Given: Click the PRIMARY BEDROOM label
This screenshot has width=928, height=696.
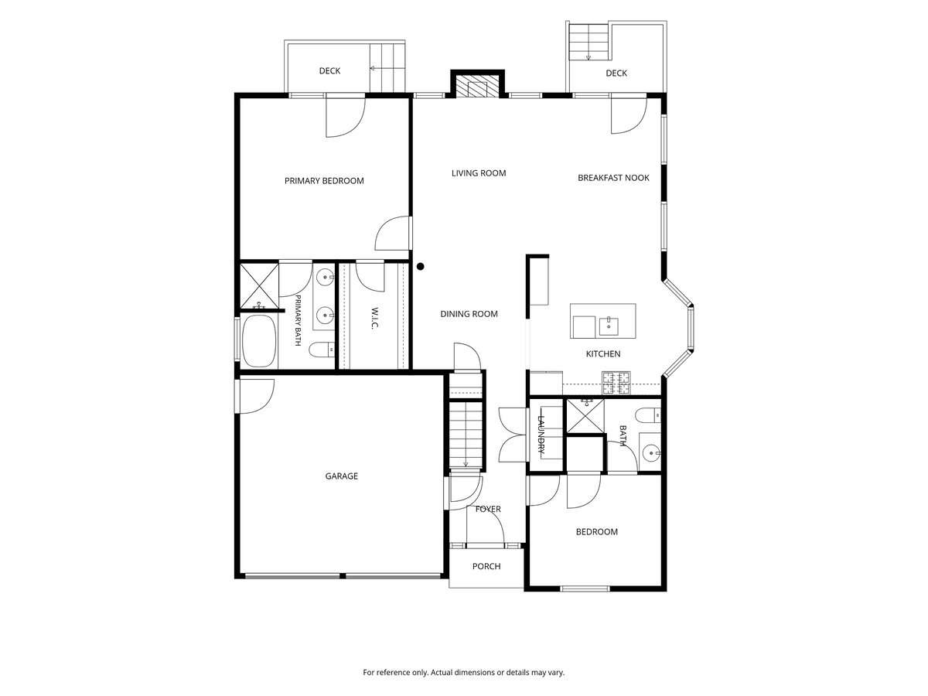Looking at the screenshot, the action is (324, 181).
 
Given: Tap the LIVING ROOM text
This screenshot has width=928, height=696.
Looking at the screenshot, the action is (478, 172).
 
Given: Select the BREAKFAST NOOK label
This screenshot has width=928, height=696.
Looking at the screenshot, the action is (613, 178).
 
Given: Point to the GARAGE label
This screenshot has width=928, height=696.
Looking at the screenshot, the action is (341, 476).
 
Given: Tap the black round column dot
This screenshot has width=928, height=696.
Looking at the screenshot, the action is (420, 266).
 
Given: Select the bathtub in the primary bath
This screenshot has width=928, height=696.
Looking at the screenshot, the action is (259, 340).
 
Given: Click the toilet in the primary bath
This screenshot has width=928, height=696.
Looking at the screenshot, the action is (322, 350).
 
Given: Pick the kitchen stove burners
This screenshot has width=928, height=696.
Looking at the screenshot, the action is (616, 383).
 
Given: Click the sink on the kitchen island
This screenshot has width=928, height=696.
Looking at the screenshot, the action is (609, 326).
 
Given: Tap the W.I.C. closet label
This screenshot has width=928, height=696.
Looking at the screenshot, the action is (374, 317).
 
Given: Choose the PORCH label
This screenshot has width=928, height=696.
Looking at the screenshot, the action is (486, 566).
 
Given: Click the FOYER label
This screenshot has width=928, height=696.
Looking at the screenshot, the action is (488, 509).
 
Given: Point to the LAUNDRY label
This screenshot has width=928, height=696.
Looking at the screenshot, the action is (541, 435).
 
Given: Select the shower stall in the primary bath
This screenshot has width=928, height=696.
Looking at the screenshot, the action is (260, 286).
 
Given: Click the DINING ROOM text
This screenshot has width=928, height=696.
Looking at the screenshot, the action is (469, 313).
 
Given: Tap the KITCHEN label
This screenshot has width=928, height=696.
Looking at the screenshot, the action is (603, 353).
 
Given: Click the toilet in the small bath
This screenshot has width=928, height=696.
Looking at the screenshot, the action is (648, 415).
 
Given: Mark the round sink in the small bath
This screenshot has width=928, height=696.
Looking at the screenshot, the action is (650, 453).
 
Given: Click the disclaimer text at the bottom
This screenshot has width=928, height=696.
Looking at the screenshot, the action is (463, 672).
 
